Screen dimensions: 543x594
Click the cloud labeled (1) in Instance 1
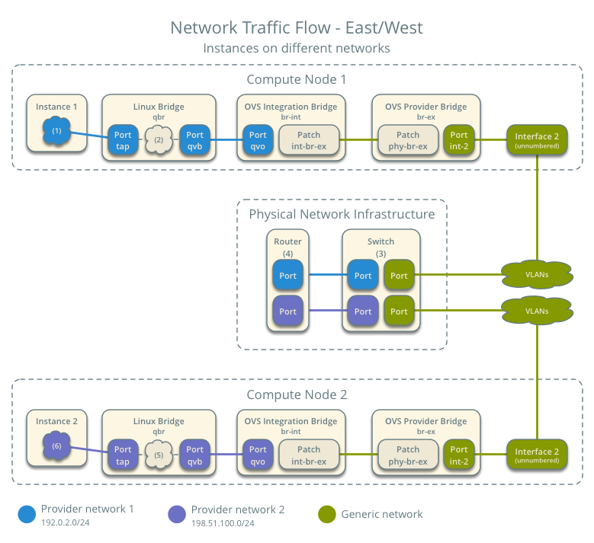57,132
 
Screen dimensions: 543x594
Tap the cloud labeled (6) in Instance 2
57,445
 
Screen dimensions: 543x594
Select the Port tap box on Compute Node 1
123,140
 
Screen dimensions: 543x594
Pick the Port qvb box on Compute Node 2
195,455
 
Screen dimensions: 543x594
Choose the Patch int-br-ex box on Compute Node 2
309,455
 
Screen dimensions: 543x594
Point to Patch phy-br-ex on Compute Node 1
408,140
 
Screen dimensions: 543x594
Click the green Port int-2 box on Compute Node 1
459,140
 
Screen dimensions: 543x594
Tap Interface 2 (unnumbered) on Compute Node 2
537,455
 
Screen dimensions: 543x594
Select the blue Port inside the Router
287,276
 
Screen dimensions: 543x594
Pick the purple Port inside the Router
287,311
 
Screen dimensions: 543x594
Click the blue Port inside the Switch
363,276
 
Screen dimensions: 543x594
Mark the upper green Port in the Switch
399,276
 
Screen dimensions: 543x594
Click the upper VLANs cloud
537,274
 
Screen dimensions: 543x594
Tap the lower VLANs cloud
537,311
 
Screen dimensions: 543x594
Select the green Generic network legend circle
327,514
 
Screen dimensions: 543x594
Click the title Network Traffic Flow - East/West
297,28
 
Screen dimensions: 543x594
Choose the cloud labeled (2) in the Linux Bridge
159,140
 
